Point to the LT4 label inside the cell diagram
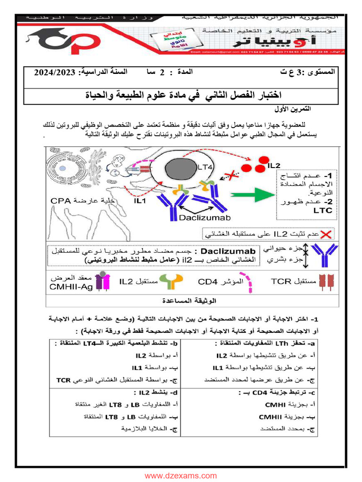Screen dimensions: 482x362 206,167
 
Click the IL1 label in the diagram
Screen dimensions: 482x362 140,201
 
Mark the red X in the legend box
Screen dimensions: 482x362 326,233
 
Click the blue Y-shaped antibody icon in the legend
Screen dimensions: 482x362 325,254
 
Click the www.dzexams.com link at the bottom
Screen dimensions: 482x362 181,475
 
